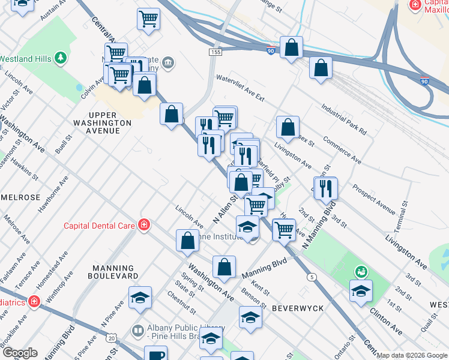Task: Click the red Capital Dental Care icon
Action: [x=144, y=225]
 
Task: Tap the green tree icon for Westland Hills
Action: [x=60, y=58]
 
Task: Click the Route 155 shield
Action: [x=214, y=53]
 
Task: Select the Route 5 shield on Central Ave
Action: [x=310, y=277]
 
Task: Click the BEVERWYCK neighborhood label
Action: [x=298, y=308]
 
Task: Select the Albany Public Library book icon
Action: [x=138, y=331]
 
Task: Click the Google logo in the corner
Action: [x=19, y=353]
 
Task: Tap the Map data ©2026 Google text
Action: [x=412, y=355]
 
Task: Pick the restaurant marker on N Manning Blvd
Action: [x=326, y=187]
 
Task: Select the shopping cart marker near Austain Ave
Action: [x=148, y=18]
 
